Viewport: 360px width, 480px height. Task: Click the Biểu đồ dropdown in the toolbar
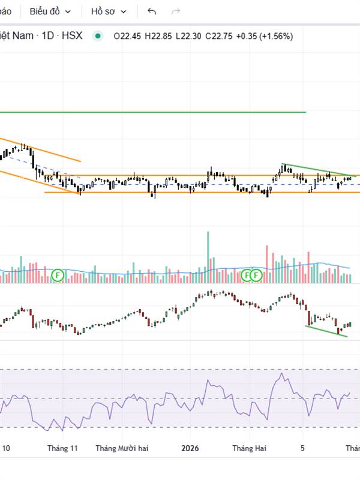click(x=50, y=11)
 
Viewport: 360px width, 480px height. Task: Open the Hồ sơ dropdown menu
click(x=109, y=11)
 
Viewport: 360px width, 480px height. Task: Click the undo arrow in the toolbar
click(x=152, y=11)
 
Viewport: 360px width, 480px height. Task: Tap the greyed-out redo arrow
click(x=176, y=11)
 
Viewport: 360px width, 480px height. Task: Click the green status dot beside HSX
click(x=97, y=36)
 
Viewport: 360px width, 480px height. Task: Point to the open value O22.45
click(x=127, y=36)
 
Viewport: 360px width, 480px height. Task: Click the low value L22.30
click(x=189, y=36)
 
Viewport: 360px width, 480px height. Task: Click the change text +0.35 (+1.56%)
click(x=265, y=36)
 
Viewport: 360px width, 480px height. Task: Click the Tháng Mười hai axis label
click(x=122, y=448)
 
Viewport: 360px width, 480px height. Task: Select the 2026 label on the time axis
click(x=190, y=448)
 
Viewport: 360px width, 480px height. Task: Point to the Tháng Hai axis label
click(x=249, y=448)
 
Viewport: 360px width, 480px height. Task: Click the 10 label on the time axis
click(x=6, y=448)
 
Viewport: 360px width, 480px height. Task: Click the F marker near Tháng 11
click(x=58, y=275)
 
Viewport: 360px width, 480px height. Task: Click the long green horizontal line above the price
click(x=150, y=112)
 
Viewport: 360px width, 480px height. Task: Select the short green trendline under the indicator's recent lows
click(x=326, y=331)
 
